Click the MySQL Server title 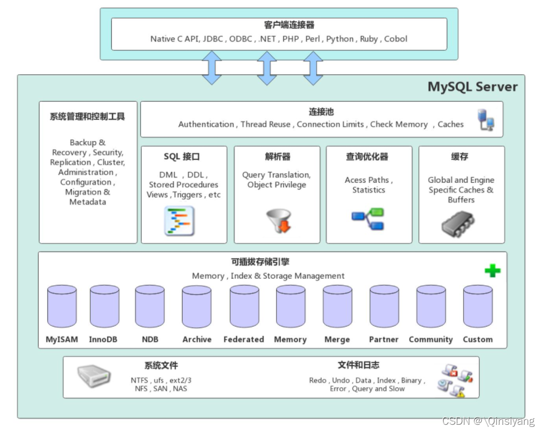(x=472, y=87)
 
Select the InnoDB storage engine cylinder (x=105, y=307)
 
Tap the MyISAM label (x=62, y=339)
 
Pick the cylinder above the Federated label (x=244, y=307)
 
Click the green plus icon (x=492, y=271)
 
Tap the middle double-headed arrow (x=267, y=68)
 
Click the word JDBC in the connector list (x=214, y=39)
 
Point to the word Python (x=340, y=39)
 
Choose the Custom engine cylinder (x=478, y=307)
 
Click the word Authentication (x=206, y=124)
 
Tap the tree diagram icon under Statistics (x=368, y=219)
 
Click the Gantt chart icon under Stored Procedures (x=179, y=221)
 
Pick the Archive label (x=197, y=339)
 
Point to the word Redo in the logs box (x=318, y=380)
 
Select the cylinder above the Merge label (x=337, y=307)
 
